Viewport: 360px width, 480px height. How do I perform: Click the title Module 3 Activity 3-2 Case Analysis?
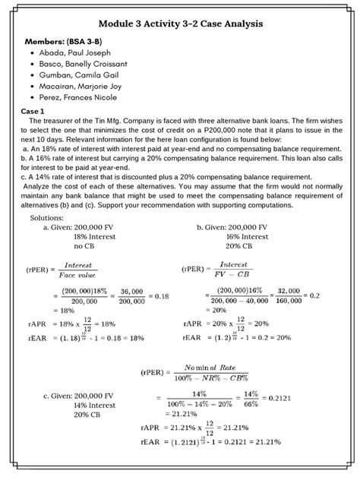[181, 24]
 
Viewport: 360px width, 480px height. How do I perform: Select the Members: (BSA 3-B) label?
[64, 40]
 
